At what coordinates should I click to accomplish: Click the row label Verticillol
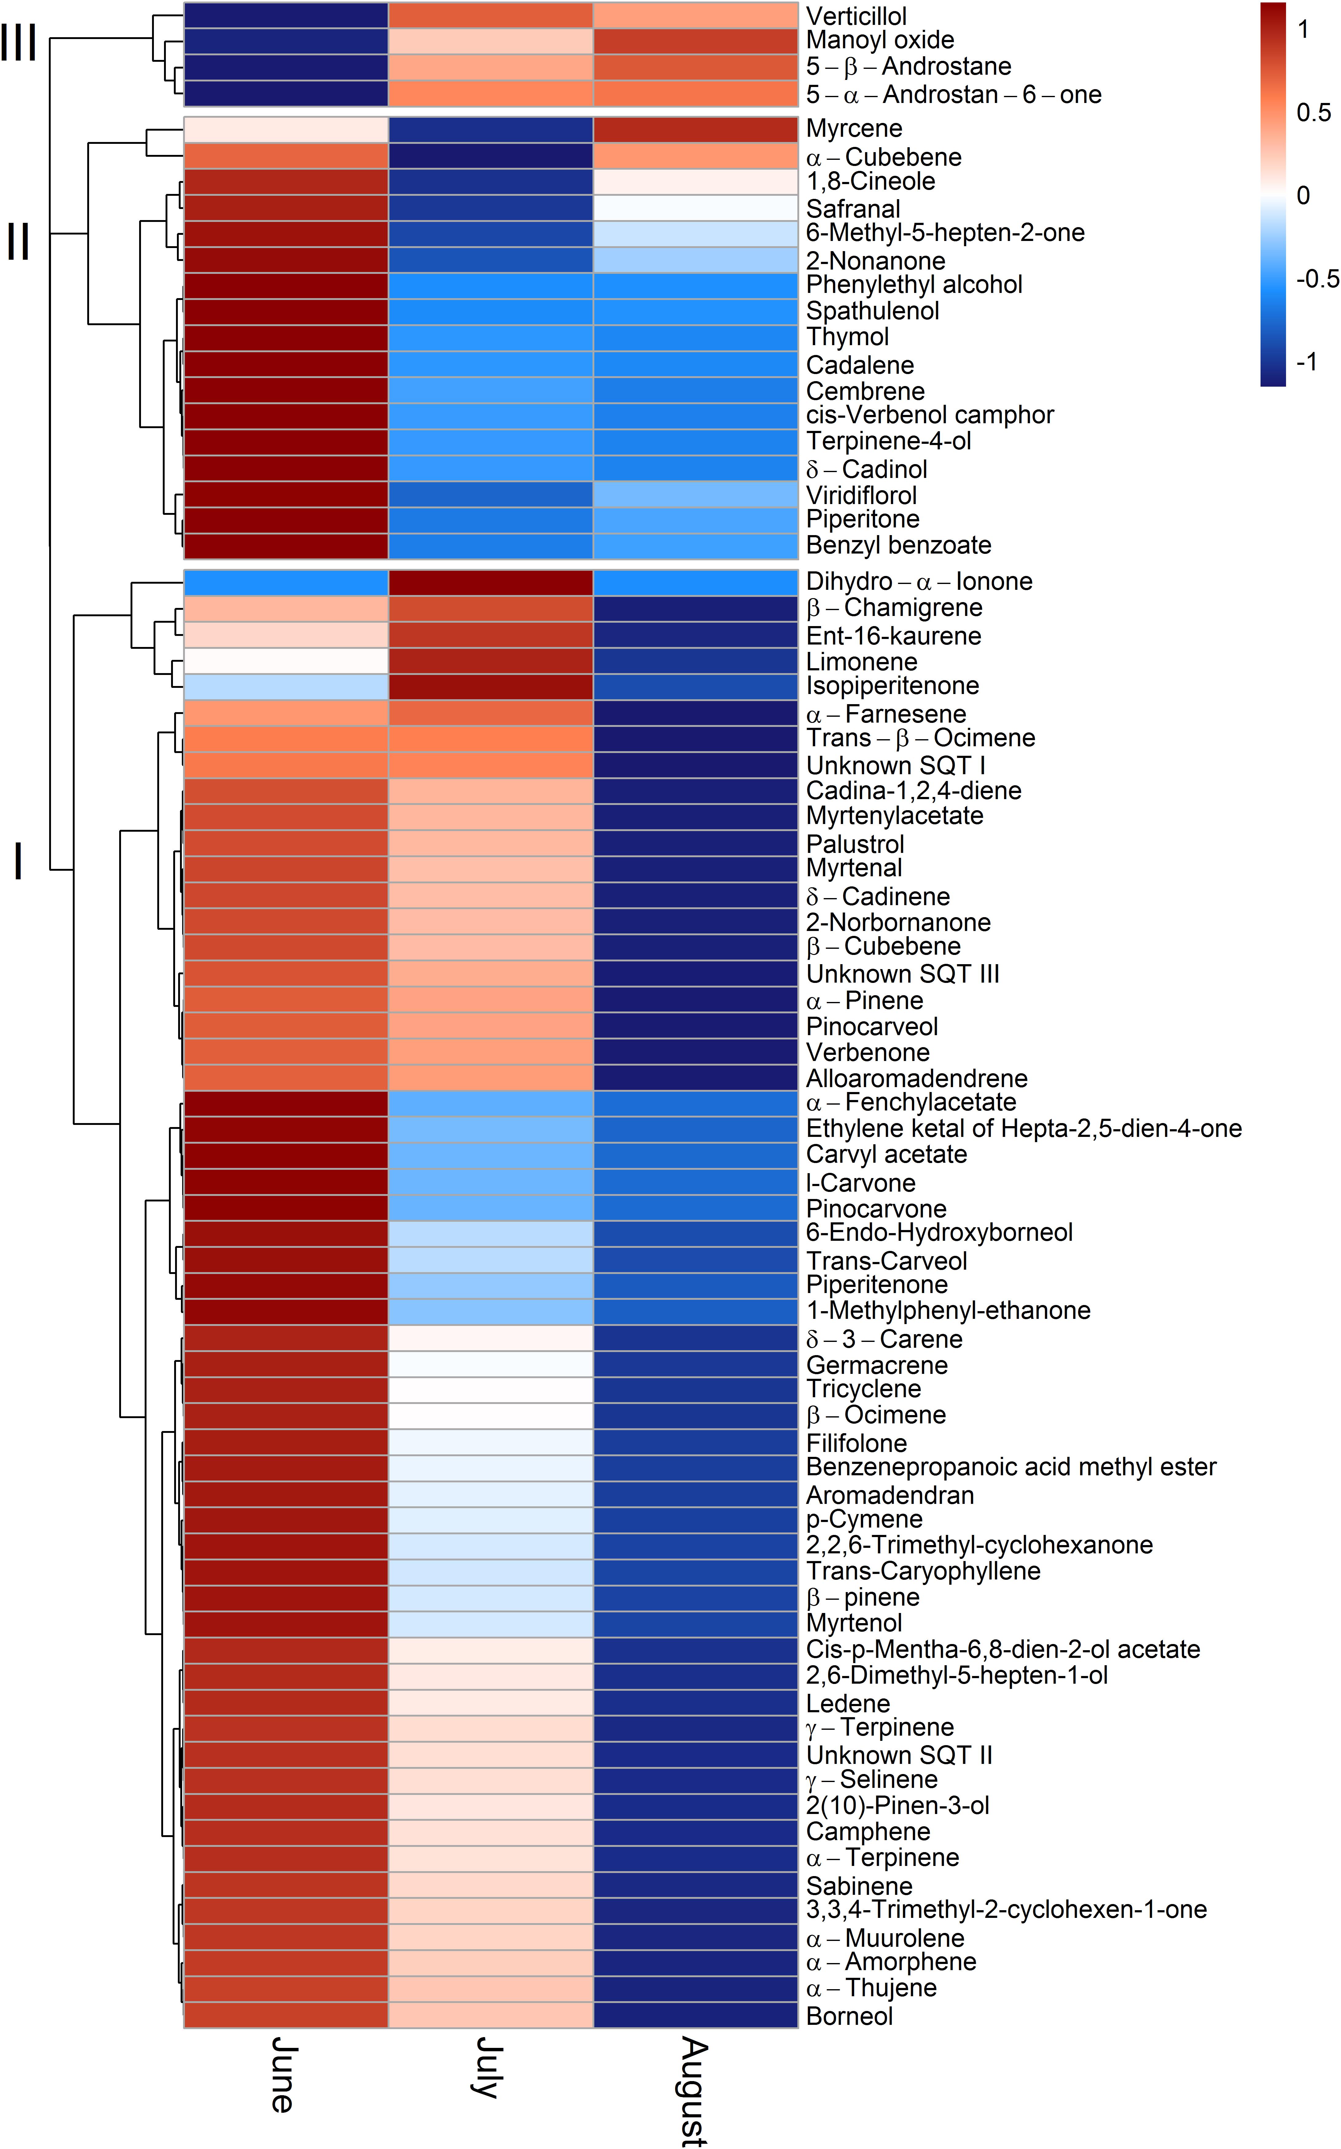click(856, 16)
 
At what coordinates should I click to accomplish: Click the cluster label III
click(19, 42)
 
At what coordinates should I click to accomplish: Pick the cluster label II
click(19, 241)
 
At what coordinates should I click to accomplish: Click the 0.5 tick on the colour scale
click(1313, 113)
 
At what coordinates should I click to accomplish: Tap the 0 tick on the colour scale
click(1303, 195)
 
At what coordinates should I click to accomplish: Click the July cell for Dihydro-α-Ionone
click(491, 582)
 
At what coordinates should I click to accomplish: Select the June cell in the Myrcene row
click(286, 129)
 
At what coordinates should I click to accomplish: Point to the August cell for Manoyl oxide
click(695, 41)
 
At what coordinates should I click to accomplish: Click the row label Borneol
click(849, 2016)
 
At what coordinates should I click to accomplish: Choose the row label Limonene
click(861, 662)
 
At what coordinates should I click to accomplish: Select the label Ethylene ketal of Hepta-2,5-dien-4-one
click(1023, 1129)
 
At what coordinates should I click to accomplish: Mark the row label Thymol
click(847, 337)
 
